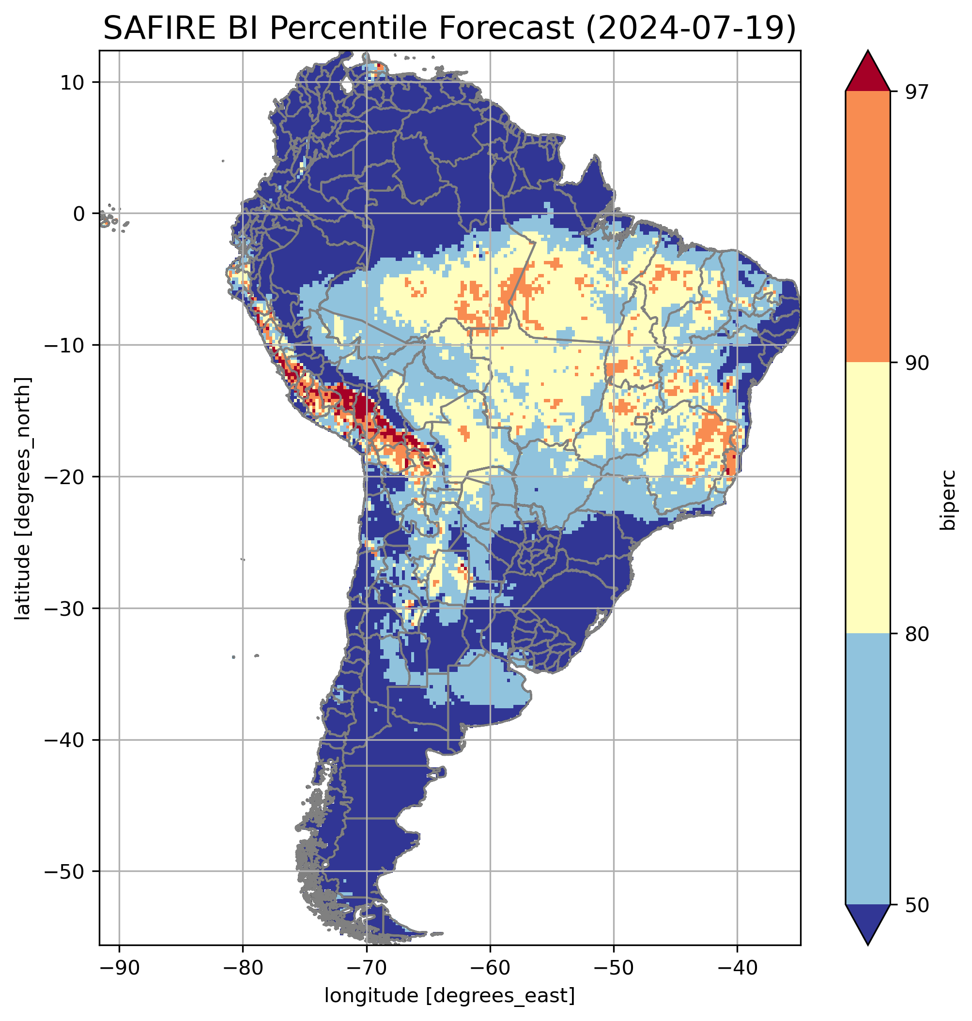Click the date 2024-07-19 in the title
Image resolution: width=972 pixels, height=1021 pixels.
tap(690, 29)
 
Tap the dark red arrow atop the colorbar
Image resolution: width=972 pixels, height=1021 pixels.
tap(867, 73)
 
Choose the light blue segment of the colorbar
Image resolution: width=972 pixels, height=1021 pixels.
tap(867, 770)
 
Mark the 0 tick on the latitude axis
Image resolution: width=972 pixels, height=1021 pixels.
tap(79, 214)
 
